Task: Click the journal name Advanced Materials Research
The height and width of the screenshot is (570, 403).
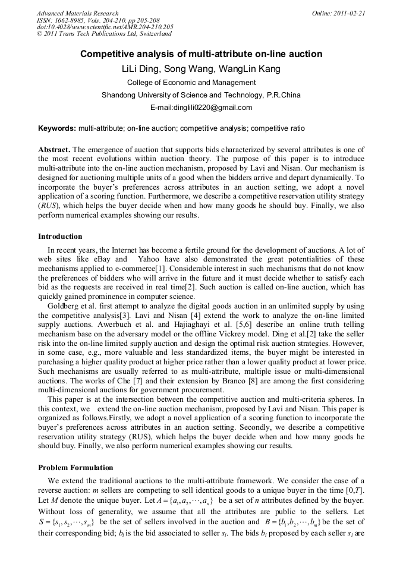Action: [77, 13]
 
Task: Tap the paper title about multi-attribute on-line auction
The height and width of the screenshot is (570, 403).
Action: [201, 54]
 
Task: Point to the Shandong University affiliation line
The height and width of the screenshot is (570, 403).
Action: [201, 95]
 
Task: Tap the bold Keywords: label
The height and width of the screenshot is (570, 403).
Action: [56, 128]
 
